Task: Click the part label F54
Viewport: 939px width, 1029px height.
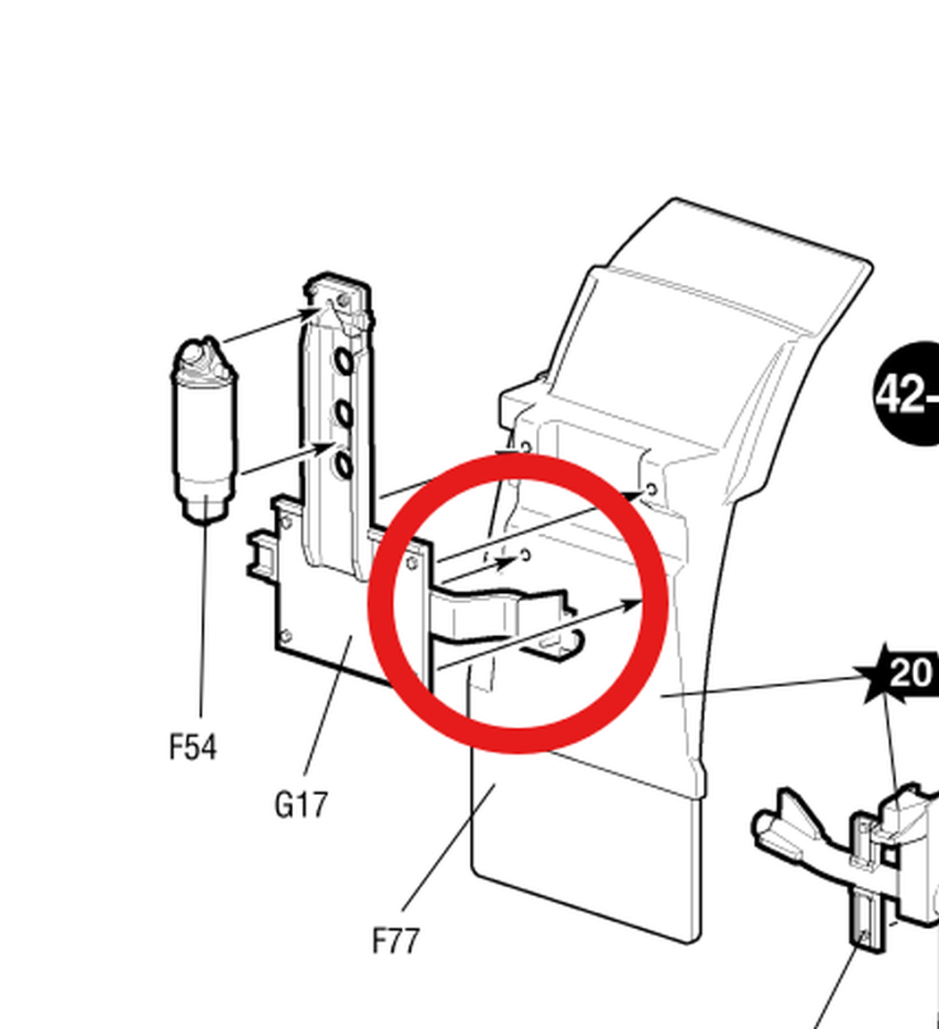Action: (193, 747)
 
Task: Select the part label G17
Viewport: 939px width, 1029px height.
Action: (301, 805)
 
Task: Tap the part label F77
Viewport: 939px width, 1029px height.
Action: (396, 941)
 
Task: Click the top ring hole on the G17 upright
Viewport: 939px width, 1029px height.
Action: (344, 361)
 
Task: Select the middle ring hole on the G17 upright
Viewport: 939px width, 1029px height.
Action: (344, 413)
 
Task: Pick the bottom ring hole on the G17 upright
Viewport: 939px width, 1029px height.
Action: (342, 464)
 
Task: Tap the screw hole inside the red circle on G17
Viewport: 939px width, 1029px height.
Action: (412, 564)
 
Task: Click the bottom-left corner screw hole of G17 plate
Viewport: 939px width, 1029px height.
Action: (285, 636)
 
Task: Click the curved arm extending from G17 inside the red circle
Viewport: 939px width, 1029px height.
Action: (500, 612)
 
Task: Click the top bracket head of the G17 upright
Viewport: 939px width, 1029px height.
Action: (340, 299)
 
